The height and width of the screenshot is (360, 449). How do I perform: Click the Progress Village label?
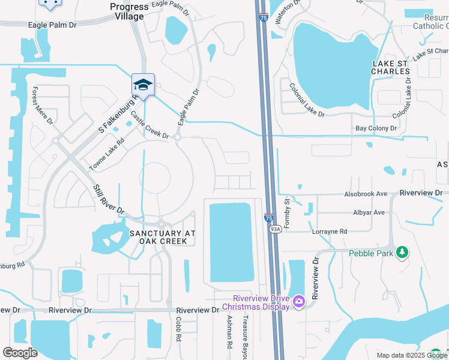coord(129,11)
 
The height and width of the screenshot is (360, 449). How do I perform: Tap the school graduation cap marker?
coord(143,85)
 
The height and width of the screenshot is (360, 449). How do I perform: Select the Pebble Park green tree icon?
coord(402,253)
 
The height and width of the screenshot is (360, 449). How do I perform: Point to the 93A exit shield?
coord(275,229)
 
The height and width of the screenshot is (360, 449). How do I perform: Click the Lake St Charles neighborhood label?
coord(391,67)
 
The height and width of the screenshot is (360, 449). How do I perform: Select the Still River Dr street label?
coord(108,200)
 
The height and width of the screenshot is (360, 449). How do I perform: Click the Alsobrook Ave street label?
coord(366,194)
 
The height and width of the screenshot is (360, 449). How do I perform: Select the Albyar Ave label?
coord(369,212)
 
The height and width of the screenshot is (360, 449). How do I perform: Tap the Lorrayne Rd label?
coord(329,231)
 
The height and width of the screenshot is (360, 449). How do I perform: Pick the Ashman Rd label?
coord(229,334)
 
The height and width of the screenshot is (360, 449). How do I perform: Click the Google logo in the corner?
coord(20,353)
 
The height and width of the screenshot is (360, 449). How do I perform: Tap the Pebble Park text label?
coord(370,253)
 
